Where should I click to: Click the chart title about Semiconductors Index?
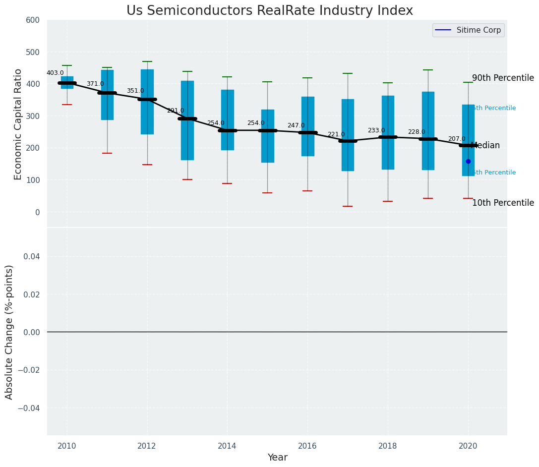click(269, 11)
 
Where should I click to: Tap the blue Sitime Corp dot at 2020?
click(468, 161)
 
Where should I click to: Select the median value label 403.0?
click(55, 73)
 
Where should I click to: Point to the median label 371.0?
click(95, 84)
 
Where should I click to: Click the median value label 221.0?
click(336, 134)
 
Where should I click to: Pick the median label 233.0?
click(376, 130)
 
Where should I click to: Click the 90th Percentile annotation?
click(503, 78)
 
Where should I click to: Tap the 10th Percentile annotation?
click(503, 203)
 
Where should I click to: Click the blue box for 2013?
click(187, 120)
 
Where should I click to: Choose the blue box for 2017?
click(348, 135)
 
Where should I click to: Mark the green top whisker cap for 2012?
click(147, 61)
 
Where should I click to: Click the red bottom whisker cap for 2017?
click(348, 206)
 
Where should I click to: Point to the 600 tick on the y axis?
click(33, 20)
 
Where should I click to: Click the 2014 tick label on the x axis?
click(227, 446)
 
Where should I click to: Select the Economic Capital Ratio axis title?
click(18, 124)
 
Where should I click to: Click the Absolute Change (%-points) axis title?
click(9, 332)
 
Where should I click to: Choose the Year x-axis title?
click(277, 458)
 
